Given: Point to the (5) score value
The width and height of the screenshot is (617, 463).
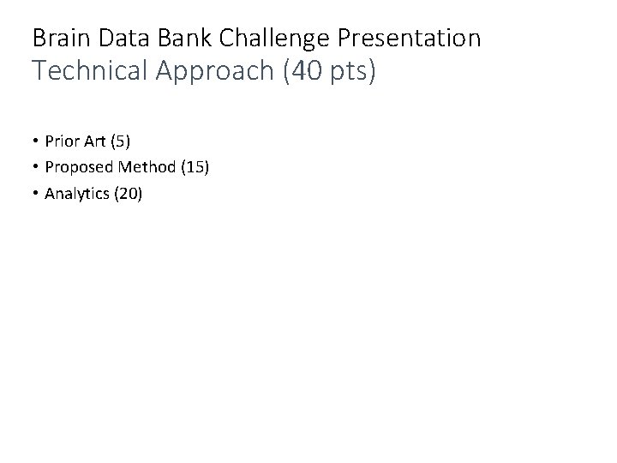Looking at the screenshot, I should point(123,141).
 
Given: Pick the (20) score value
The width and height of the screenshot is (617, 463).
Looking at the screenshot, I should point(127,194).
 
